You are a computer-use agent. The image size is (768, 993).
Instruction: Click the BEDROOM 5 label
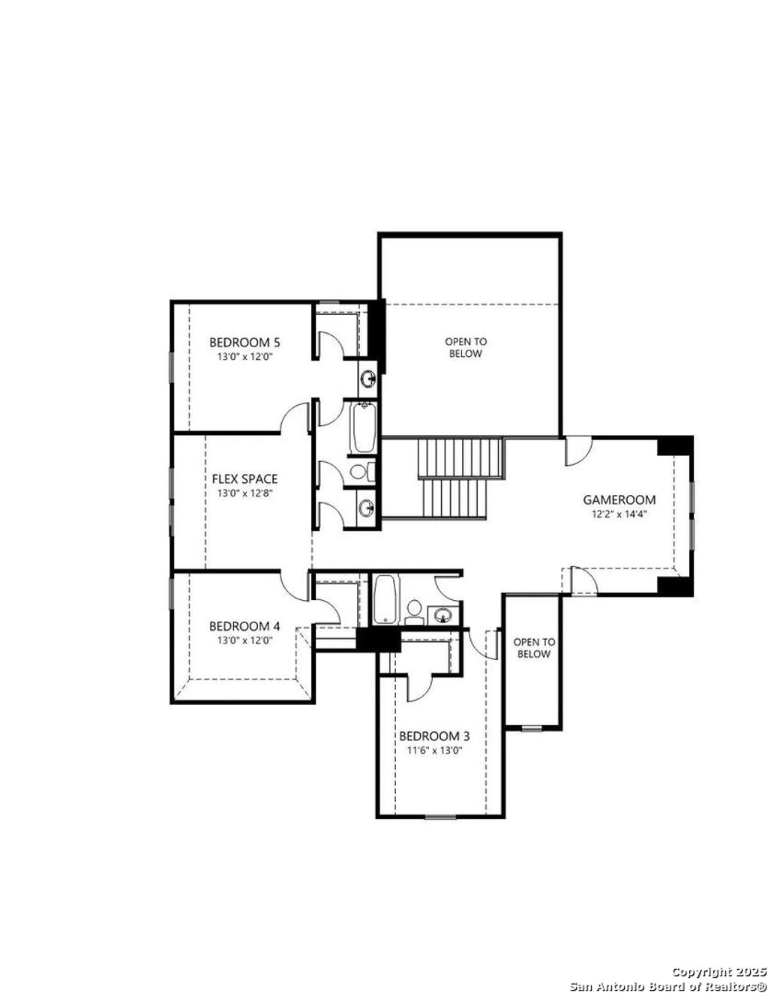(244, 343)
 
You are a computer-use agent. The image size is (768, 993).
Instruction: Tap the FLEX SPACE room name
(244, 478)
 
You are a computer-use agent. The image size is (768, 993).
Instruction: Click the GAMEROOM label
(619, 499)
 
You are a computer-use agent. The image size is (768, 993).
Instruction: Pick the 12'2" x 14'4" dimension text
(619, 514)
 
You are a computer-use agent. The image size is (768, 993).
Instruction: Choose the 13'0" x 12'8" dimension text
(244, 493)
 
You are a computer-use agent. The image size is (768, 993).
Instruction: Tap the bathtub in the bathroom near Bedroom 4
(384, 599)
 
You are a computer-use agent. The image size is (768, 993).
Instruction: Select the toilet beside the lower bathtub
(413, 611)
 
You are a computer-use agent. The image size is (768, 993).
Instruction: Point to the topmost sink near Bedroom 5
(368, 378)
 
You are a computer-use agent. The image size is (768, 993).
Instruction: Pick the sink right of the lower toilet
(443, 615)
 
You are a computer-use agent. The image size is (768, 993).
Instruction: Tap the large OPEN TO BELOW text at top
(466, 347)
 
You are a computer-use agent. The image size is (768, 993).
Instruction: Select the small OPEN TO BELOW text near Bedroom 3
(534, 648)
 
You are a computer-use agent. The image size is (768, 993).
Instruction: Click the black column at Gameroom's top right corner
(675, 445)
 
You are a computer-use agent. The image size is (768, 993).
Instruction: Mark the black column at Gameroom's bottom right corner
(675, 586)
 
